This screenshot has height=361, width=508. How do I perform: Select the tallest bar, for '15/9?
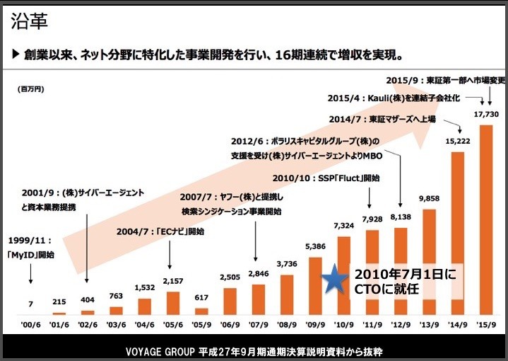(x=486, y=219)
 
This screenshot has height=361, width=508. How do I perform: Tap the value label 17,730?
(x=485, y=115)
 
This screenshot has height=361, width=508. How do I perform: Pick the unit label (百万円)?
(x=30, y=90)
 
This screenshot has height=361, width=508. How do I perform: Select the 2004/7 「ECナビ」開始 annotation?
(x=160, y=231)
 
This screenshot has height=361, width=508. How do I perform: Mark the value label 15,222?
(x=456, y=141)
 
